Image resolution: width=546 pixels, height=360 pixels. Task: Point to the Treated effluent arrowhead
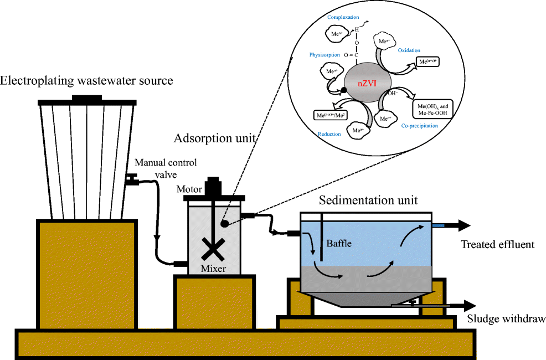click(x=463, y=225)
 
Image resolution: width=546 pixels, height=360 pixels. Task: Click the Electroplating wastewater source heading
click(x=86, y=81)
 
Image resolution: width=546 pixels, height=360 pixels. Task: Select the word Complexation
click(x=343, y=17)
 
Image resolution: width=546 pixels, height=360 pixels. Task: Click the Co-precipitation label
click(x=419, y=126)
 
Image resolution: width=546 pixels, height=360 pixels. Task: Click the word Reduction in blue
click(x=329, y=134)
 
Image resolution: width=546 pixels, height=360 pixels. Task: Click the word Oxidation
click(x=409, y=50)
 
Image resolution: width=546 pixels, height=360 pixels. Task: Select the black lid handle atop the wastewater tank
click(x=86, y=98)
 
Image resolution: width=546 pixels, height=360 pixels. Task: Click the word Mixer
click(x=213, y=269)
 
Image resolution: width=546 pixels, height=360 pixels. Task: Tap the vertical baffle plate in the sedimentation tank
click(x=321, y=239)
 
